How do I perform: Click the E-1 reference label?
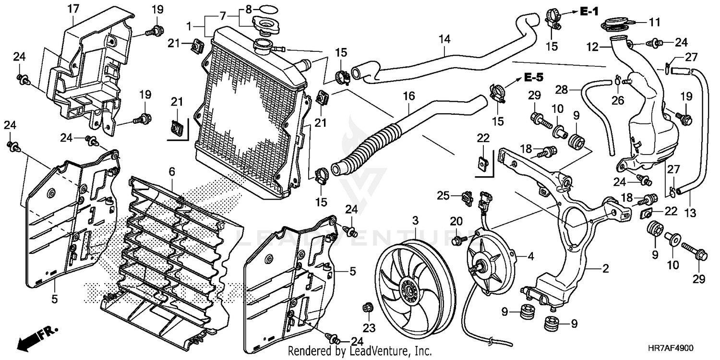[589, 12]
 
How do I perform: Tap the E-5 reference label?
[534, 77]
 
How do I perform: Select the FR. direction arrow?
[37, 339]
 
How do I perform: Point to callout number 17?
[73, 9]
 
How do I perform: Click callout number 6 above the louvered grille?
[172, 172]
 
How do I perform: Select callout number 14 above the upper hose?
[445, 39]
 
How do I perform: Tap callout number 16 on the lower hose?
[409, 96]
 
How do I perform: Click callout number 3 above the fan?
[415, 221]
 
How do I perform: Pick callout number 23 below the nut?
[369, 328]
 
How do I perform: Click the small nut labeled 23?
[366, 308]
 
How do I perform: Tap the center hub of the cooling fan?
[410, 291]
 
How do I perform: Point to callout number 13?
[690, 213]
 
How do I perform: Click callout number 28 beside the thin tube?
[562, 90]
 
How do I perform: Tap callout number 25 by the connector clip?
[443, 195]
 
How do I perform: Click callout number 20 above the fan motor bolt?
[456, 221]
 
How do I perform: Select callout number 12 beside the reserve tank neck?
[593, 47]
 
